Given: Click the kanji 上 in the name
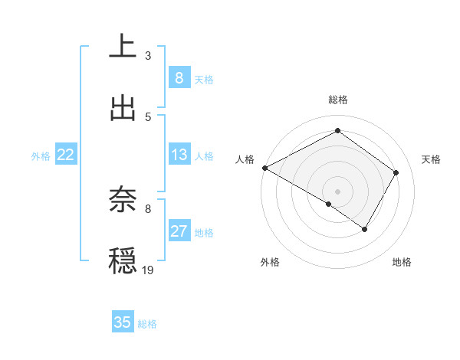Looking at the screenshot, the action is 123,46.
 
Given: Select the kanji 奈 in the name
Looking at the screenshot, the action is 123,200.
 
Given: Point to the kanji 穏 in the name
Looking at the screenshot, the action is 123,261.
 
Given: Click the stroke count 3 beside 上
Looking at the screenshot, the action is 148,56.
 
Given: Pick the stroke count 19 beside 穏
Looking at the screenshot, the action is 148,270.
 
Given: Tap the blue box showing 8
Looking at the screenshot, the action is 179,78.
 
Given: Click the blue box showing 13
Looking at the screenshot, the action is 179,155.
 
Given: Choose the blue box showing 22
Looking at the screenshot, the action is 66,155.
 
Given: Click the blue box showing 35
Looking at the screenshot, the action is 123,322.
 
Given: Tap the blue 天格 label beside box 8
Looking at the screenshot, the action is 204,79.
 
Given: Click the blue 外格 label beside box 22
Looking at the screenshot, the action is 41,156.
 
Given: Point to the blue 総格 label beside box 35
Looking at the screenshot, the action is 147,324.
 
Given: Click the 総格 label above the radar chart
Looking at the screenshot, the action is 338,100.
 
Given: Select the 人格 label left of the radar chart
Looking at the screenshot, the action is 245,159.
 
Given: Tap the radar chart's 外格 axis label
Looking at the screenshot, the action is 270,262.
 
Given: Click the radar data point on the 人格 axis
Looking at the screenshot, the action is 264,168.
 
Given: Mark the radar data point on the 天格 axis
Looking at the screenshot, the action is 396,172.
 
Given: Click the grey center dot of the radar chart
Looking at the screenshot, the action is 337,191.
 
